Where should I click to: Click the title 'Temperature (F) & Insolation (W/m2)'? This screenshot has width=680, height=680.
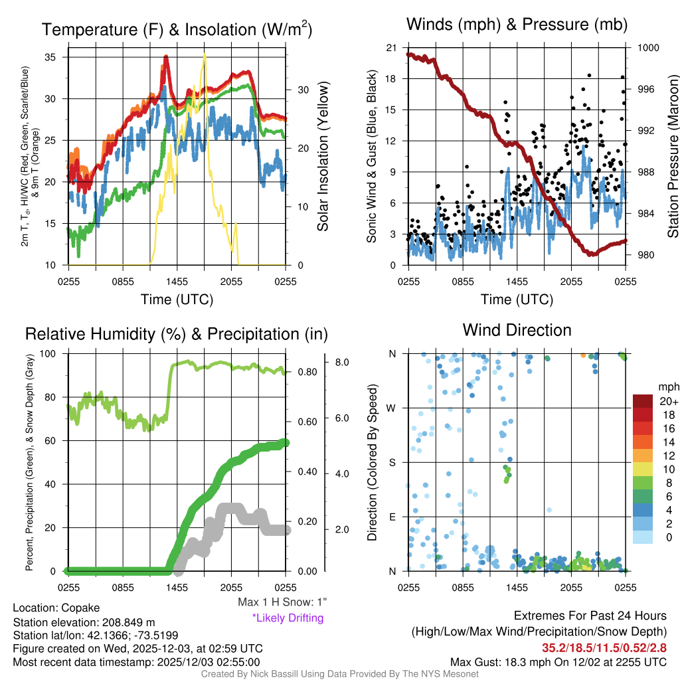(x=177, y=29)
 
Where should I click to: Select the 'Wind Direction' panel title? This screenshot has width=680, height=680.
(x=517, y=330)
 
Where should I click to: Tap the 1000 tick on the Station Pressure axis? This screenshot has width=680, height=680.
(x=647, y=48)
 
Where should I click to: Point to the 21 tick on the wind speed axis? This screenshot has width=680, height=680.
(x=391, y=48)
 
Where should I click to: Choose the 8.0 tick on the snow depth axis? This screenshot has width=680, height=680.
(x=343, y=363)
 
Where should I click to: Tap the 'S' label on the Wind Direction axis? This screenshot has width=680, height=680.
(x=392, y=462)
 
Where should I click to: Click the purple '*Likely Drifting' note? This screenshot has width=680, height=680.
(x=288, y=618)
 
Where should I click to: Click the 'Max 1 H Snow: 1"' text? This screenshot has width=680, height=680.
(x=282, y=602)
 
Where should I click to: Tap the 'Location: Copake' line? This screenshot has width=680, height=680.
(x=56, y=608)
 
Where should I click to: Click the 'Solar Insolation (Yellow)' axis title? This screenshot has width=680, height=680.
(x=323, y=156)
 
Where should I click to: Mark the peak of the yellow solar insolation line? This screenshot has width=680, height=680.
(x=206, y=55)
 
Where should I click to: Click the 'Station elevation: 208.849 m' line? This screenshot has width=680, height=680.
(x=84, y=622)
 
